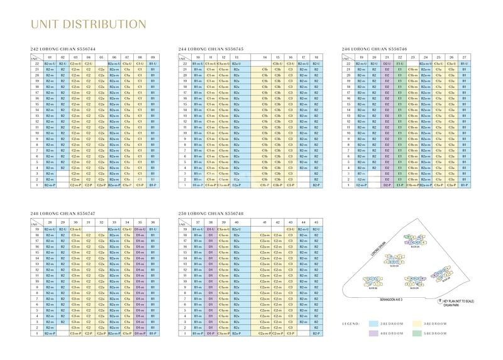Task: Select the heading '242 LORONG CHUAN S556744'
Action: click(63, 48)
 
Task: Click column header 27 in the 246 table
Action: click(464, 57)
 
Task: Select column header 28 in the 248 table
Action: click(49, 222)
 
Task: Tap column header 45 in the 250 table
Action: click(316, 222)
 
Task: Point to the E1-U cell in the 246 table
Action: click(400, 63)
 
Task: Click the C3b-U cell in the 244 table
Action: click(277, 63)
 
